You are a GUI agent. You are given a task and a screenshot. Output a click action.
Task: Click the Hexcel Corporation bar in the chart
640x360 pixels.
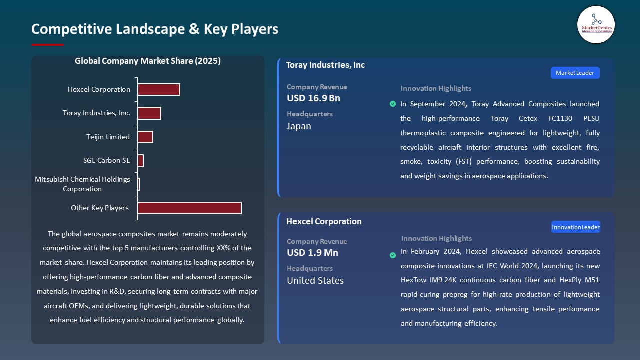point(158,90)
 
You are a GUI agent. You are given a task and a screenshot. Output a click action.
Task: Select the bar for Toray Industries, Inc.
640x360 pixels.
point(149,113)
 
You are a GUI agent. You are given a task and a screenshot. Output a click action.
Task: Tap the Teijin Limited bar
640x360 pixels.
point(145,137)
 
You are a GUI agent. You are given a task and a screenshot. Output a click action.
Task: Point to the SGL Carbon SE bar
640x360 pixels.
point(140,161)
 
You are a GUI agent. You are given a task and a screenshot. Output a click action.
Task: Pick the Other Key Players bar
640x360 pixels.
point(189,208)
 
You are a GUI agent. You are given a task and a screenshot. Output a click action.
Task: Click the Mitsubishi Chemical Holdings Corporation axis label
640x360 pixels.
point(82,184)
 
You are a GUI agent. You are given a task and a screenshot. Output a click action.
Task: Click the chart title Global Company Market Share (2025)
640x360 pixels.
point(147,61)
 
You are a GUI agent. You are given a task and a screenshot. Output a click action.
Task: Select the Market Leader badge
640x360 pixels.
point(575,73)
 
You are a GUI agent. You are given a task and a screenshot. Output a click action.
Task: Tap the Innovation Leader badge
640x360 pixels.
point(575,227)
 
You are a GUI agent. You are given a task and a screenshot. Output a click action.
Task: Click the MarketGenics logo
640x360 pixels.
point(596,24)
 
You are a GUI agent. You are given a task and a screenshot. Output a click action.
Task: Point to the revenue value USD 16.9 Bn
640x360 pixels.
point(313,98)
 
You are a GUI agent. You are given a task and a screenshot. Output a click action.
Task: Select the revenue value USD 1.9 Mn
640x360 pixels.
point(312,253)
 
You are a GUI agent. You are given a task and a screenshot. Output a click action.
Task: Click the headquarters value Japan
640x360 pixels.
point(299,126)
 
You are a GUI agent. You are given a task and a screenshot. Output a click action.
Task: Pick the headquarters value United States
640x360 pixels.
point(315,281)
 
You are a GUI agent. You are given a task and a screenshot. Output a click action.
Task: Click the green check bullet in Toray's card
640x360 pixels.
point(392,104)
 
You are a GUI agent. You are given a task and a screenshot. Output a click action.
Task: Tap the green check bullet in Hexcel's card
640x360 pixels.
point(392,255)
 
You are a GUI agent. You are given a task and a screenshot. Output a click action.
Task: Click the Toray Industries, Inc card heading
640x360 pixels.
point(325,65)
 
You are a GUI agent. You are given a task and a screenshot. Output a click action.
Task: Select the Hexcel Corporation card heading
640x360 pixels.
point(324,221)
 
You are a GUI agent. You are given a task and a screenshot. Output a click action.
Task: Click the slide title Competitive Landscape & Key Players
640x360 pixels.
point(154,29)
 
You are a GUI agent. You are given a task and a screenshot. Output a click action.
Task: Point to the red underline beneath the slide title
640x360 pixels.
point(47,45)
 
